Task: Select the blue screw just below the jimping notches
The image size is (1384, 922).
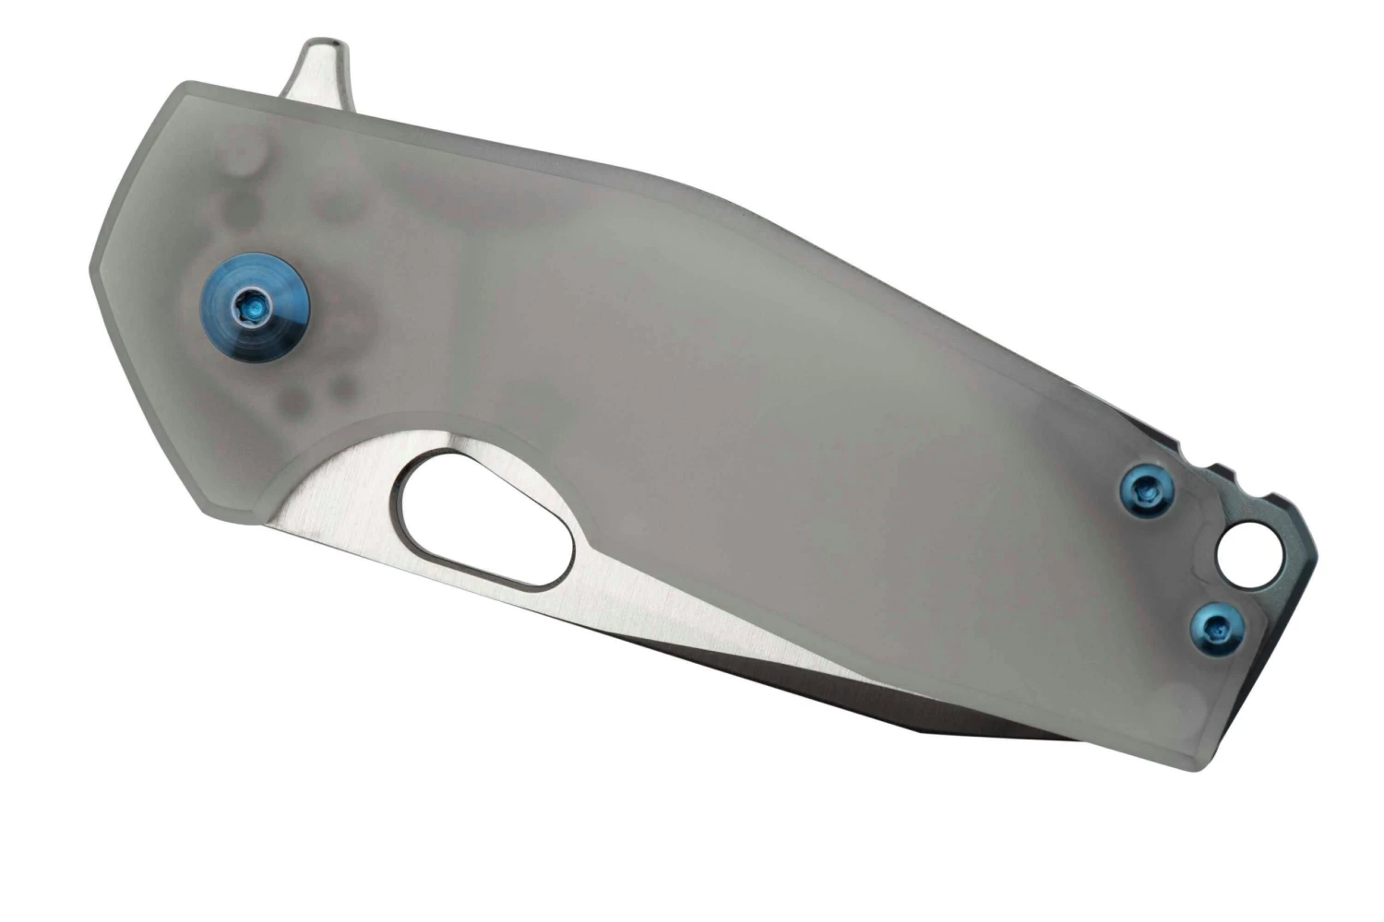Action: pos(1139,489)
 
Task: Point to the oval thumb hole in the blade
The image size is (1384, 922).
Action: pos(484,521)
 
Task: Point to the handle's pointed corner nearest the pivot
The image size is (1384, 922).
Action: pos(92,272)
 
